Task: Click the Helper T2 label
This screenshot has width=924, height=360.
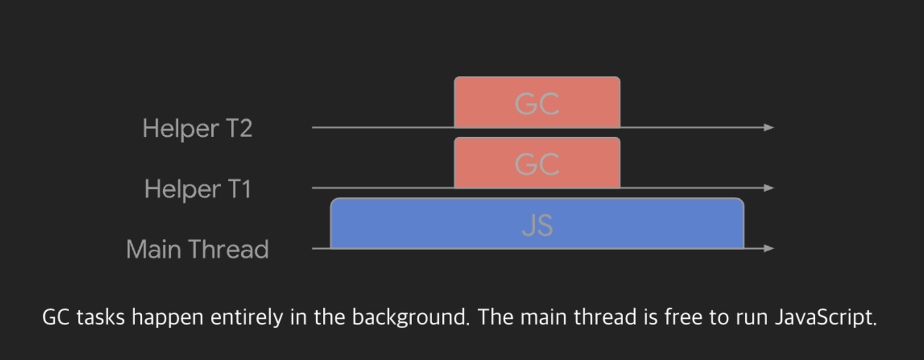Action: click(x=197, y=128)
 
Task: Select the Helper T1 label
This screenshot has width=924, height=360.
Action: click(x=198, y=189)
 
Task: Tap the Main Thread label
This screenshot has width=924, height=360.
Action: click(x=197, y=249)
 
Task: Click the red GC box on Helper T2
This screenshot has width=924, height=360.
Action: click(x=537, y=102)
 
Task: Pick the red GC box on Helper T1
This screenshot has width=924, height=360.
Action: click(x=537, y=163)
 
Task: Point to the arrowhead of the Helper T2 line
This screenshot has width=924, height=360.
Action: click(x=769, y=128)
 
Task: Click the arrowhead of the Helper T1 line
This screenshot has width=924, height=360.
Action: click(x=769, y=188)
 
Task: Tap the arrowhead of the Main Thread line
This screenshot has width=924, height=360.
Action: click(x=769, y=249)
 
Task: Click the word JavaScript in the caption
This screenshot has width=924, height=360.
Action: click(x=825, y=317)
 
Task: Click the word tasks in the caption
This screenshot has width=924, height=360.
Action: click(x=101, y=317)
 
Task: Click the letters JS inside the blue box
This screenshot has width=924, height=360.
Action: click(x=537, y=225)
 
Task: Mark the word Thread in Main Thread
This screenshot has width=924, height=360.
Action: click(x=229, y=249)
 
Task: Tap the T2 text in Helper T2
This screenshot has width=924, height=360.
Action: click(x=239, y=128)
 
